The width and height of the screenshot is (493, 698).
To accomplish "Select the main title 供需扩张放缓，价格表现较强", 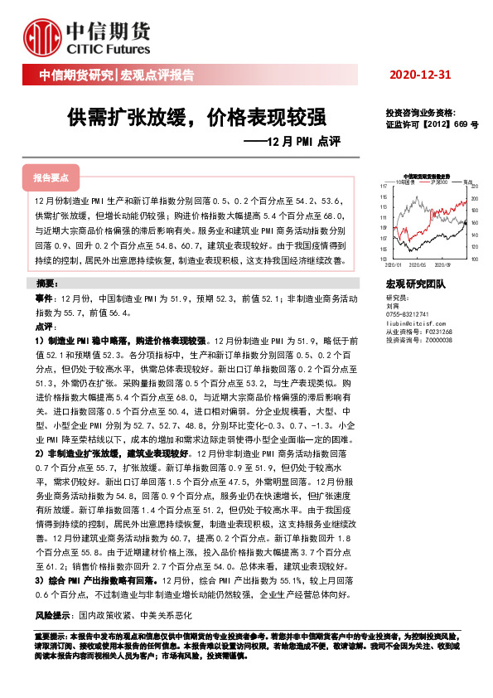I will pyautogui.click(x=196, y=116).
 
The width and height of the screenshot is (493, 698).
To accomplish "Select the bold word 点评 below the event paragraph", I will pyautogui.click(x=44, y=327).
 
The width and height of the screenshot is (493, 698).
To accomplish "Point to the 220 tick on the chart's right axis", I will pyautogui.click(x=473, y=187).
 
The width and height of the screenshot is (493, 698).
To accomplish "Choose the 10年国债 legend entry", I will pyautogui.click(x=405, y=181).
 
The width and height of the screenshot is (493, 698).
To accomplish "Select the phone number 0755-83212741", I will pyautogui.click(x=408, y=314).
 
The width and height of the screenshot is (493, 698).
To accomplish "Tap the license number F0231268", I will pyautogui.click(x=436, y=332).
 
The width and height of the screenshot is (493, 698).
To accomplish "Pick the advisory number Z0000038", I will pyautogui.click(x=436, y=340).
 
